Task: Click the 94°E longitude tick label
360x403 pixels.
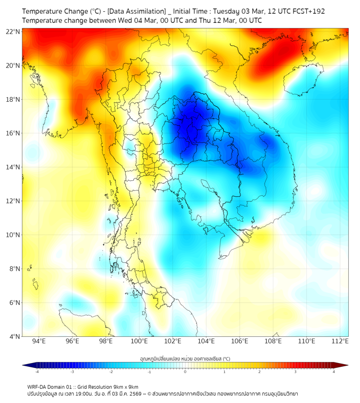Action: point(39,341)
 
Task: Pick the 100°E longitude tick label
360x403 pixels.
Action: point(140,341)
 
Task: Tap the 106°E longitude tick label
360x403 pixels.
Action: point(240,341)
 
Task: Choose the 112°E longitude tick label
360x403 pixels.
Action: point(341,341)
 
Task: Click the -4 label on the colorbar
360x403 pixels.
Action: point(37,372)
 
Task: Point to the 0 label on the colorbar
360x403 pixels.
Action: point(185,372)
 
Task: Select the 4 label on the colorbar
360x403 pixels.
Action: point(333,372)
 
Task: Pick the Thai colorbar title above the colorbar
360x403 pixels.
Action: point(185,359)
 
